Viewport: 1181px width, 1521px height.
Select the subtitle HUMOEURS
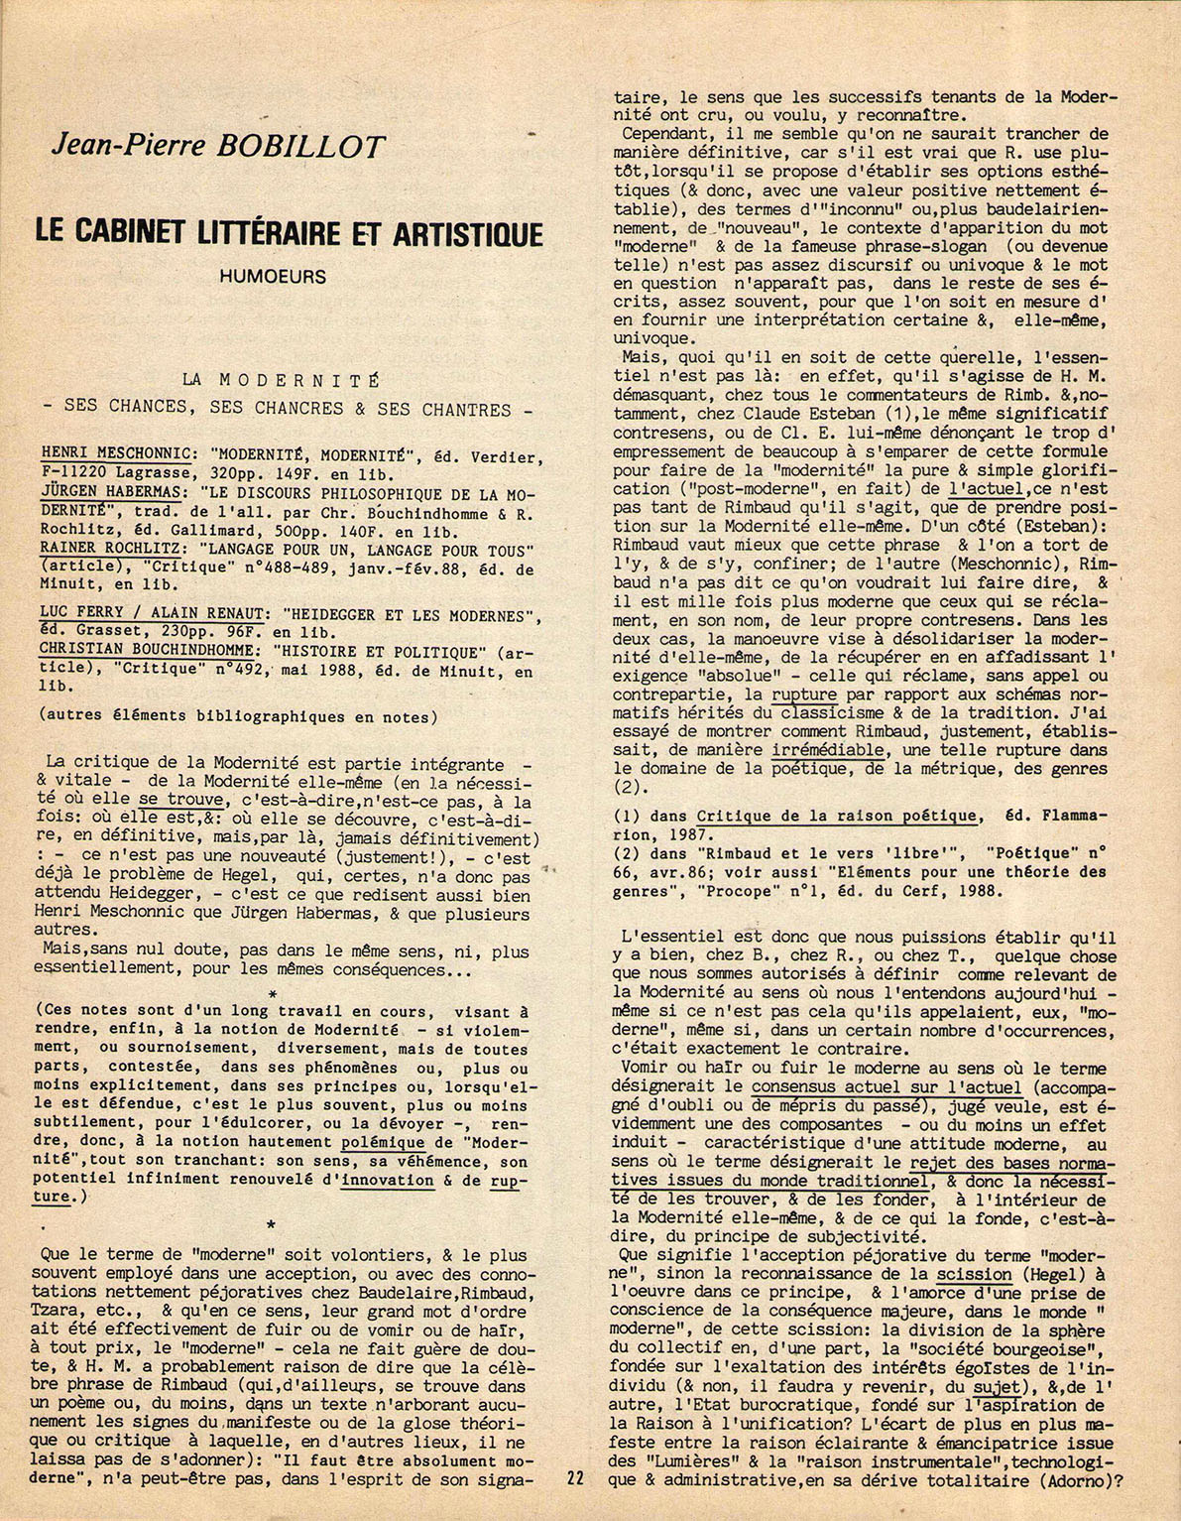(274, 277)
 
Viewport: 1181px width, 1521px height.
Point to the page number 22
(575, 1505)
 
